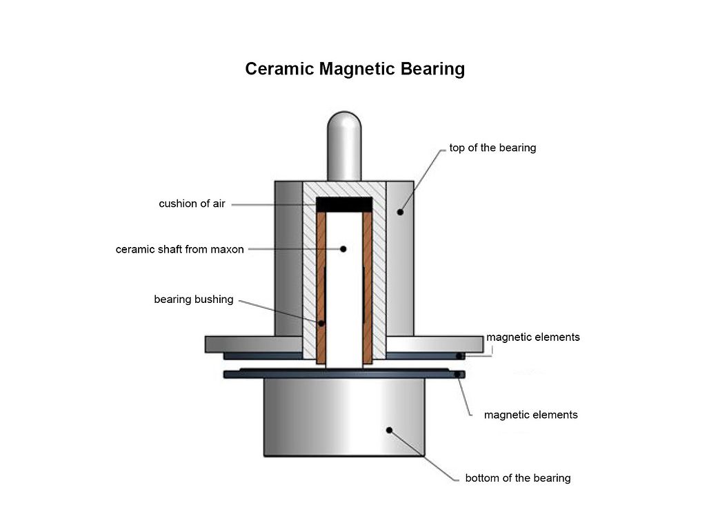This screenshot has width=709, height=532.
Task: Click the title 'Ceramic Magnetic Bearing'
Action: (x=354, y=70)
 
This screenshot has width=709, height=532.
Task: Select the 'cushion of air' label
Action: (x=192, y=204)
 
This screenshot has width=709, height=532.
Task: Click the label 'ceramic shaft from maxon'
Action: (x=179, y=249)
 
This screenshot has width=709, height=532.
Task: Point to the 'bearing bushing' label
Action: (x=193, y=299)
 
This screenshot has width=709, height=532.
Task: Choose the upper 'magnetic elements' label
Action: (x=532, y=337)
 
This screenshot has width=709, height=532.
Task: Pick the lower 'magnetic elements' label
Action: (x=530, y=415)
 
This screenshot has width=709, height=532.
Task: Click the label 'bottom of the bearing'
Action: (x=517, y=477)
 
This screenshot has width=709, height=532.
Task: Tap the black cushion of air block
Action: (x=344, y=204)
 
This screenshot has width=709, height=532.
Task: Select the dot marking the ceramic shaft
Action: (x=343, y=248)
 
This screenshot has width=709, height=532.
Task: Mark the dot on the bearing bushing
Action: (x=321, y=322)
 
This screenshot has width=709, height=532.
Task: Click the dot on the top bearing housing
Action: (x=400, y=211)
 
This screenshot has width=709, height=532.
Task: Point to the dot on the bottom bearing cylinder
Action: (x=389, y=430)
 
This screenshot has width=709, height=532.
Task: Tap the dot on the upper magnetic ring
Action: (x=458, y=356)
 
